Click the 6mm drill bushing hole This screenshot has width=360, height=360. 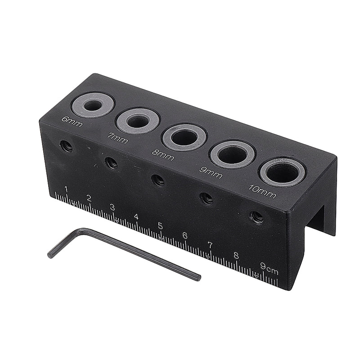coord(93,106)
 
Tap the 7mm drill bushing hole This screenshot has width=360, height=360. coord(138,121)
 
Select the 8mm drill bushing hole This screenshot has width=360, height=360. coord(184,137)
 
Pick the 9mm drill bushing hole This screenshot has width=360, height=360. coord(232,154)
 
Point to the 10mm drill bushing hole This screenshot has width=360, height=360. coord(283,172)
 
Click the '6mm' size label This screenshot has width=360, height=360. coord(72,121)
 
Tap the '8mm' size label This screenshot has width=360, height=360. coord(163,154)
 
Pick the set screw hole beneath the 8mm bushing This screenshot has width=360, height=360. coord(158,180)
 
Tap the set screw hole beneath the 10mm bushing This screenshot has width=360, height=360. coord(256,217)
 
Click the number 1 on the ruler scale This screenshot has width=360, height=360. coord(66,189)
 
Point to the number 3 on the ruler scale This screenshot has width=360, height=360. coord(112,207)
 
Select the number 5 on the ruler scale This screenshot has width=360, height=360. coord(160,226)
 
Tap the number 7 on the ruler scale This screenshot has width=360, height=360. coord(210,245)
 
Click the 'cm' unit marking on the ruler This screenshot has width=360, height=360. coord(272,271)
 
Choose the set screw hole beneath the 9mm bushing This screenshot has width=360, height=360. coord(206,198)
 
